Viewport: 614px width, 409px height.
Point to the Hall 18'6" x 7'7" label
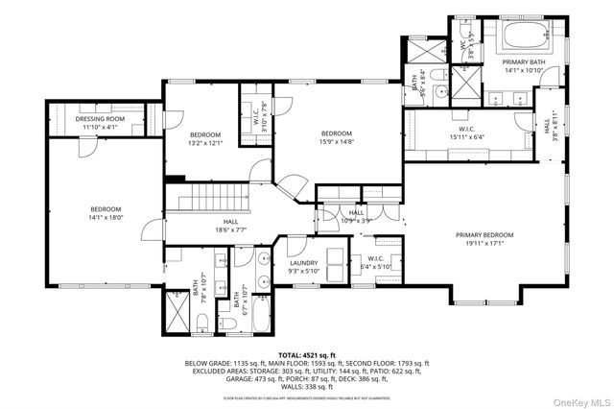pyautogui.click(x=230, y=228)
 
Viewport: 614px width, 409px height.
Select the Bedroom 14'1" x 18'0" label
pyautogui.click(x=106, y=213)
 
